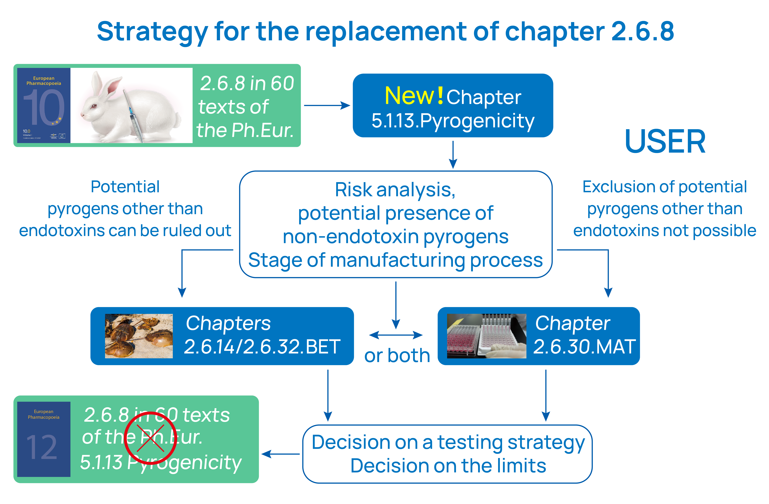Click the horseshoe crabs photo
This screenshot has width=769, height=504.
(x=139, y=336)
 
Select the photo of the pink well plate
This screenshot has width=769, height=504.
(x=486, y=336)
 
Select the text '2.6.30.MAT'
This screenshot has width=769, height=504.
(x=584, y=347)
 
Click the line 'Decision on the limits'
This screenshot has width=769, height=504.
(x=448, y=466)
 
